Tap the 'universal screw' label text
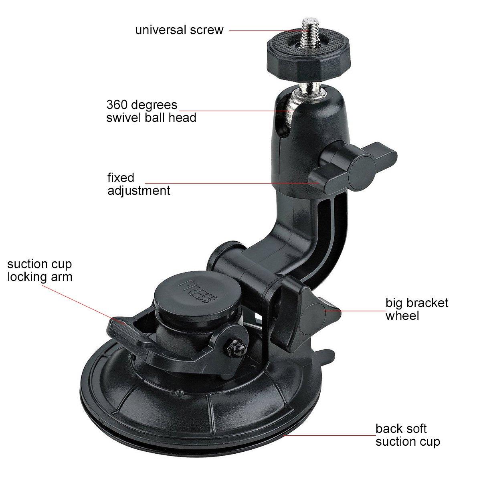(179, 30)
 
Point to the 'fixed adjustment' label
(138, 184)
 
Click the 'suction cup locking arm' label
(40, 270)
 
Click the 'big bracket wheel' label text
(417, 309)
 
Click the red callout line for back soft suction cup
(329, 435)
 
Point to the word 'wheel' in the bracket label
(402, 315)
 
